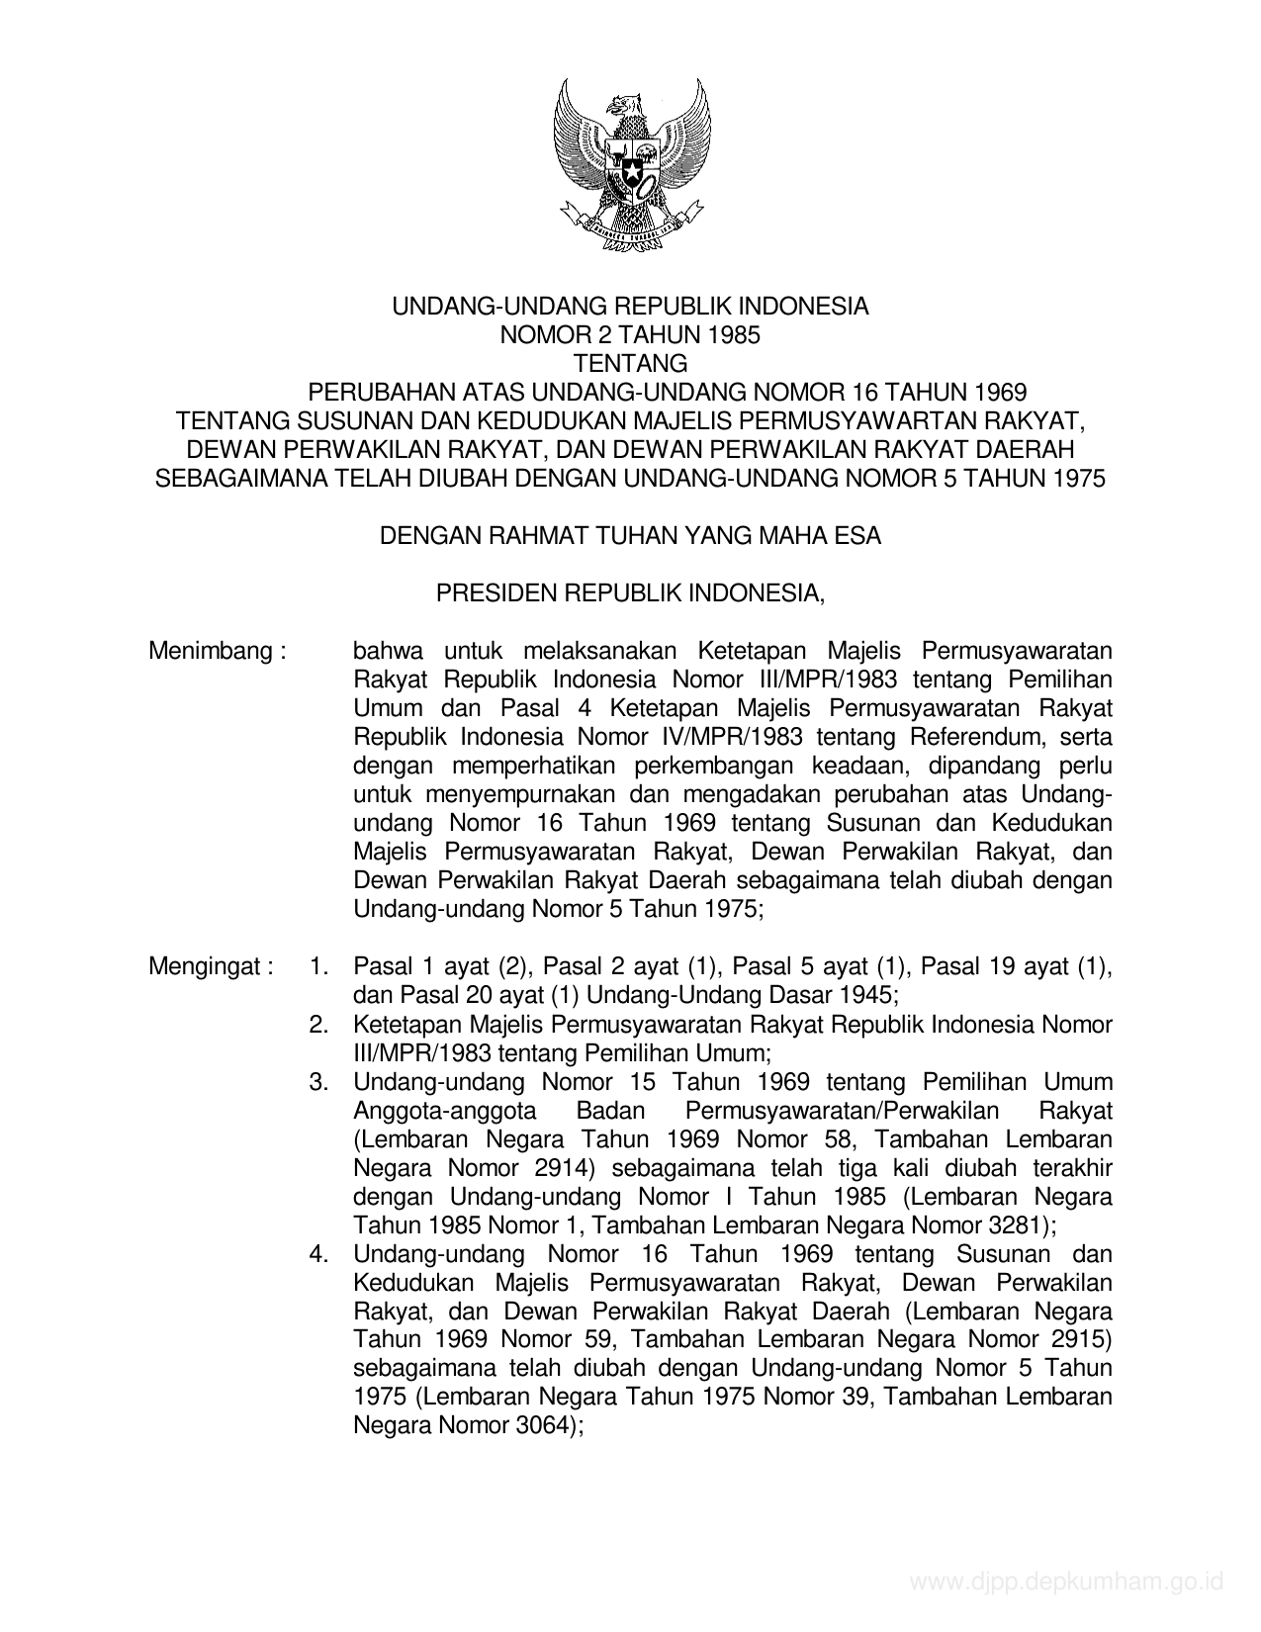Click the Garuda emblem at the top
tap(630, 163)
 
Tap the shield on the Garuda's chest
tap(630, 169)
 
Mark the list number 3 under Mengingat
tap(318, 1082)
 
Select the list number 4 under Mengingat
tap(318, 1254)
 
